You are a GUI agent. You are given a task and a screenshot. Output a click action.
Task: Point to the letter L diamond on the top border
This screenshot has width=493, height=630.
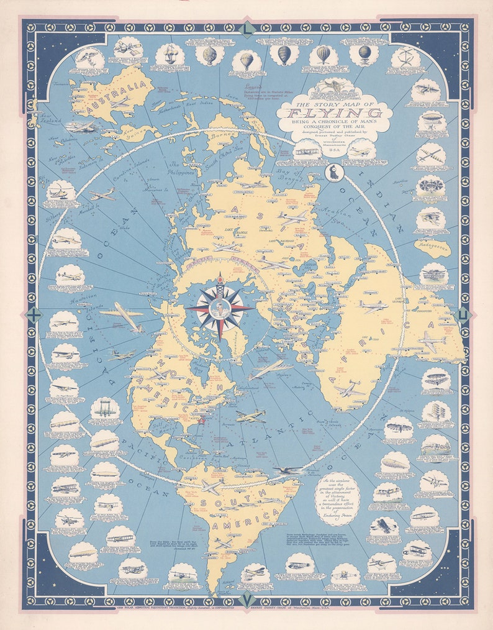tap(247, 28)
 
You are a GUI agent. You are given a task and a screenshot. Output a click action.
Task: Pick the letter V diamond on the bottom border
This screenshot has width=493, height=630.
tap(247, 600)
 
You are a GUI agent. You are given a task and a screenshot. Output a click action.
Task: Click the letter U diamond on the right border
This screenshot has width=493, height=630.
tap(463, 315)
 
